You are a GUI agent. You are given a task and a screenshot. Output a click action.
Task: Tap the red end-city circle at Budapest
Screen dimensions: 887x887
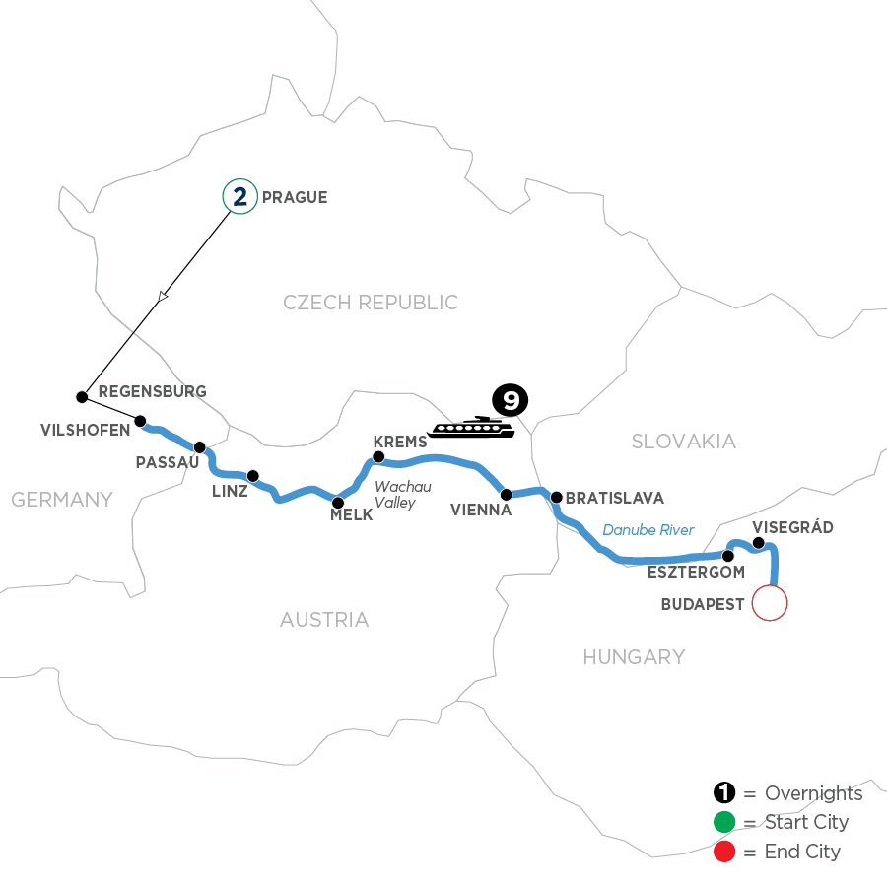pyautogui.click(x=770, y=602)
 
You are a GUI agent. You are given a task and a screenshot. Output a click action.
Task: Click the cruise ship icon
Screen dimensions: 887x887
pyautogui.click(x=471, y=427)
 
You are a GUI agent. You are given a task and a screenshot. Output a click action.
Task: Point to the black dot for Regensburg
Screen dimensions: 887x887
pyautogui.click(x=81, y=397)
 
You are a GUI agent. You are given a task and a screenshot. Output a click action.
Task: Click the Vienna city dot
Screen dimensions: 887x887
pyautogui.click(x=505, y=494)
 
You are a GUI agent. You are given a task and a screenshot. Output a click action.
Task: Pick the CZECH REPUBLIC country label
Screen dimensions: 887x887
pyautogui.click(x=371, y=303)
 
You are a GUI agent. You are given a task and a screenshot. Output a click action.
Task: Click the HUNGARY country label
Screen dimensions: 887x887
pyautogui.click(x=633, y=656)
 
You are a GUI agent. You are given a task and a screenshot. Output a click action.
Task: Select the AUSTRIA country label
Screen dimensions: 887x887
pyautogui.click(x=324, y=620)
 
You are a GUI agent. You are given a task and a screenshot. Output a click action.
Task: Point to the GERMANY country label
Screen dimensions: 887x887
pyautogui.click(x=62, y=500)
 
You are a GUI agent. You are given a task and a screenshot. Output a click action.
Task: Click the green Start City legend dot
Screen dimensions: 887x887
pyautogui.click(x=724, y=822)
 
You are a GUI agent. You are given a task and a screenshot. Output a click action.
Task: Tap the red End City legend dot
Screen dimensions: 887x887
pyautogui.click(x=724, y=851)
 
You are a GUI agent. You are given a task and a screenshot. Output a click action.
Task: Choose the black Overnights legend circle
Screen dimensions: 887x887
pyautogui.click(x=724, y=793)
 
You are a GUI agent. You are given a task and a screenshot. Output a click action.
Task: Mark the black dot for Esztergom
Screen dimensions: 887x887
pyautogui.click(x=728, y=556)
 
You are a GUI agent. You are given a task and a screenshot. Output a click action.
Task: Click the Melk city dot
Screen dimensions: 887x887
pyautogui.click(x=338, y=502)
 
